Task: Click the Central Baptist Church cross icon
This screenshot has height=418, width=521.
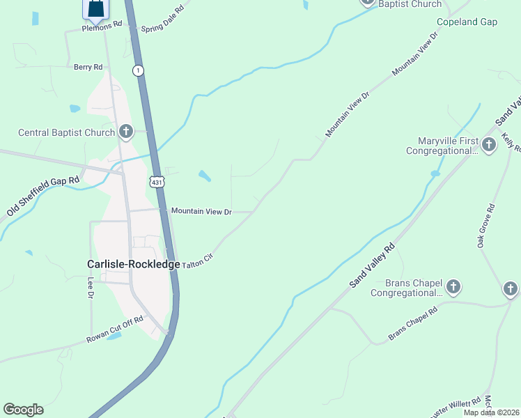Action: click(125, 131)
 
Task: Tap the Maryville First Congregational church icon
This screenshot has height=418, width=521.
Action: click(489, 144)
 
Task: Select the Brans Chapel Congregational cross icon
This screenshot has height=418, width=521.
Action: click(453, 286)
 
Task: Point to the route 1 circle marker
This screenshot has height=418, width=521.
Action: click(139, 70)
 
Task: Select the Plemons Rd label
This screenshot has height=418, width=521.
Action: click(102, 24)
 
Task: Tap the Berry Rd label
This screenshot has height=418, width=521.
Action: click(88, 67)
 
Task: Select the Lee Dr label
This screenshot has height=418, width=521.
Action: click(91, 287)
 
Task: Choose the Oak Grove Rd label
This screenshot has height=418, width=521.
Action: click(485, 226)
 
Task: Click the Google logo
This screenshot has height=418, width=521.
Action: click(23, 410)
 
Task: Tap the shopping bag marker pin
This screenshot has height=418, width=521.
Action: click(96, 8)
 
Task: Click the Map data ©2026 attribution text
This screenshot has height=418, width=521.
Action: click(491, 412)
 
